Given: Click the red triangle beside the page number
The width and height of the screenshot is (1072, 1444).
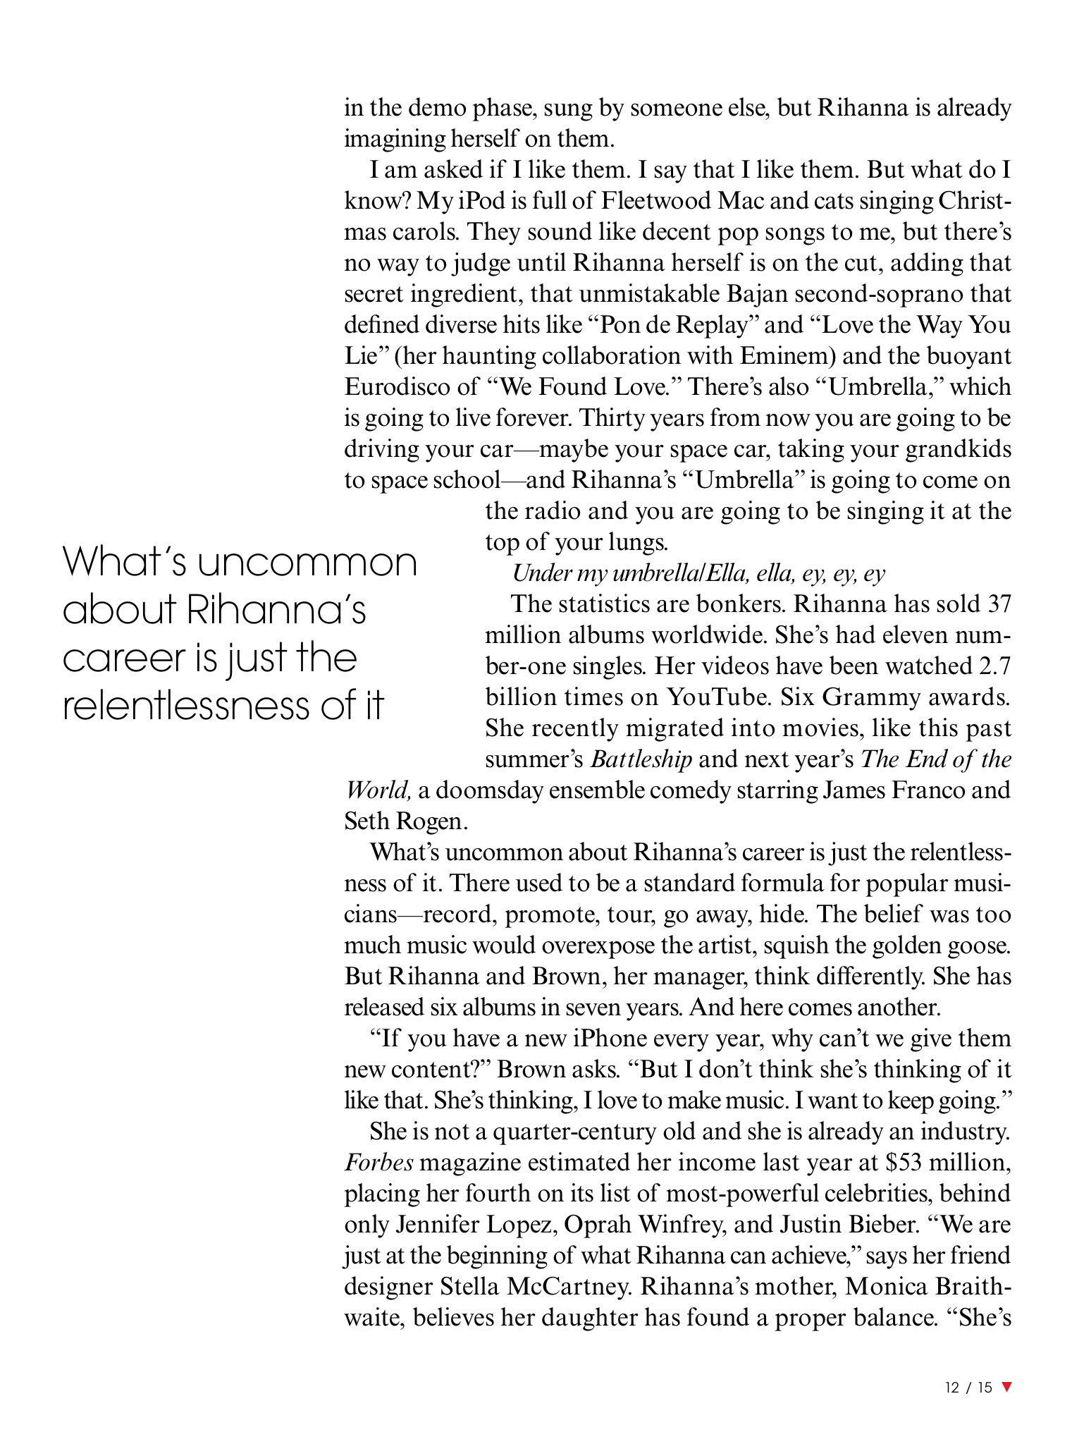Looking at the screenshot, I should coord(1006,1386).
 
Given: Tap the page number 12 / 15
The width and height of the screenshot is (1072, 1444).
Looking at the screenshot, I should coord(968,1387).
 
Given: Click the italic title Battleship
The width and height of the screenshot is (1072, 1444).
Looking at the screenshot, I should coord(641,759).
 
